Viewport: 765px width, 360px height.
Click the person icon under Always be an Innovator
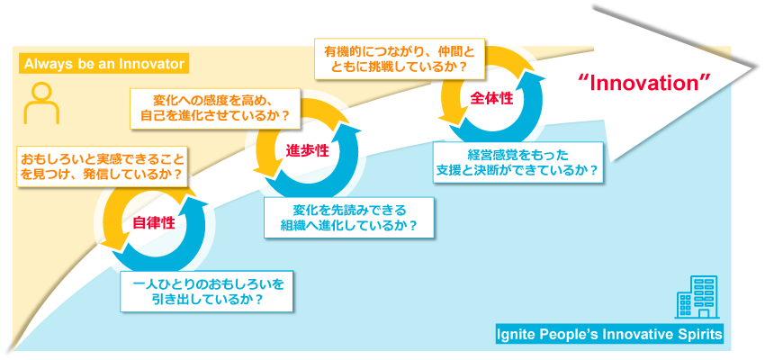40,103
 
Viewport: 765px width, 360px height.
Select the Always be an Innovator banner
103,64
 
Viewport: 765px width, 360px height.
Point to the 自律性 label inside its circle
154,222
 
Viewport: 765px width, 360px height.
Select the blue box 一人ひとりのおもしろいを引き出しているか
208,292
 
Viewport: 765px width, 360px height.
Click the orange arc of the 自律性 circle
112,216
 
